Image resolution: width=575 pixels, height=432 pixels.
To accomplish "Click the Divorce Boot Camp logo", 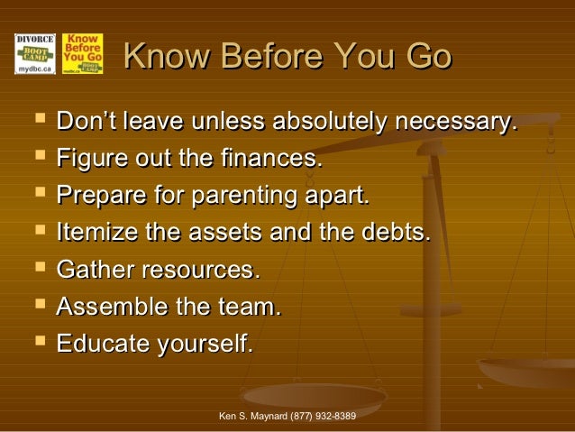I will click(35, 53).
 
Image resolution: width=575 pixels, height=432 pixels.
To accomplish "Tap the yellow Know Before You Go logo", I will click(82, 53).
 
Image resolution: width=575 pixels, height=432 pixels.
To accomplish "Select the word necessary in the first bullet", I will click(460, 121).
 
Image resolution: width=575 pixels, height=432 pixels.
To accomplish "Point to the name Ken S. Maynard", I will click(253, 416).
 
